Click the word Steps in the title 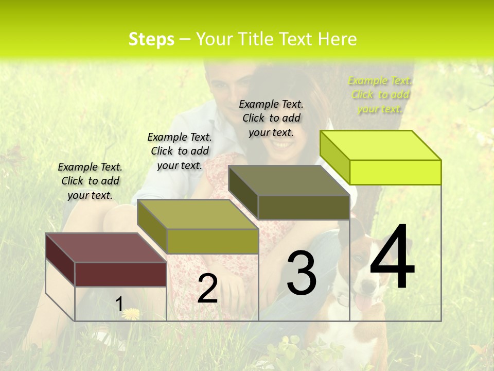click(151, 39)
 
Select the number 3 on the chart click(302, 273)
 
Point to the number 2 click(207, 289)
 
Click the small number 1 click(119, 305)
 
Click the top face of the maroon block click(105, 248)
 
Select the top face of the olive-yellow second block click(198, 214)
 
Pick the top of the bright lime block click(381, 145)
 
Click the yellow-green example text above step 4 click(380, 95)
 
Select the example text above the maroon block click(90, 181)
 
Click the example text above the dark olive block click(271, 118)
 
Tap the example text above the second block click(180, 151)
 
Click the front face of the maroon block click(120, 274)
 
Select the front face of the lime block click(395, 172)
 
